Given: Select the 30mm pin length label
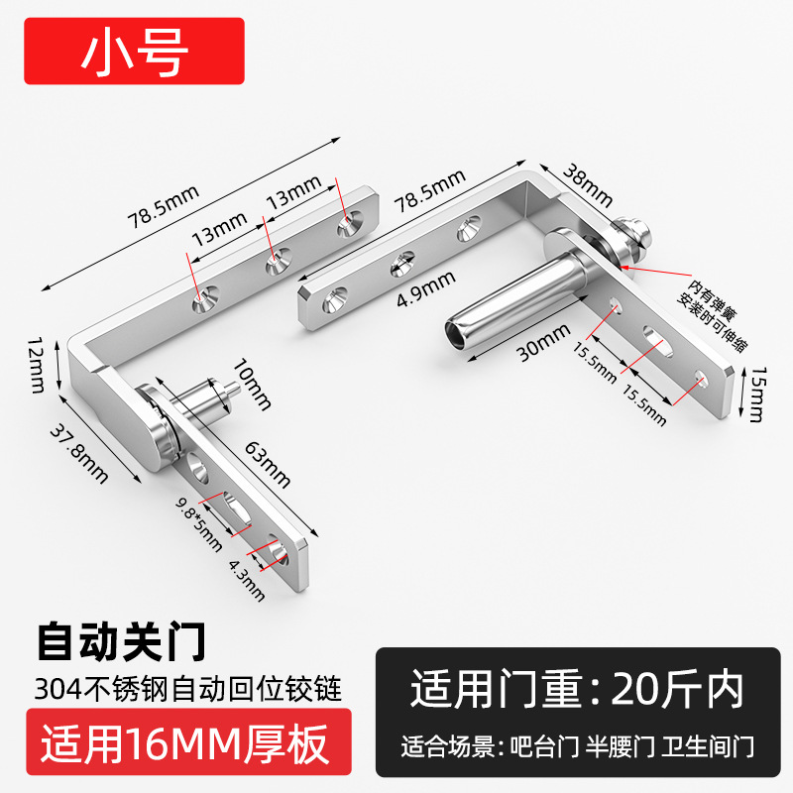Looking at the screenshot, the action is tap(534, 349).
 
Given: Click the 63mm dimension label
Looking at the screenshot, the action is tap(269, 465).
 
